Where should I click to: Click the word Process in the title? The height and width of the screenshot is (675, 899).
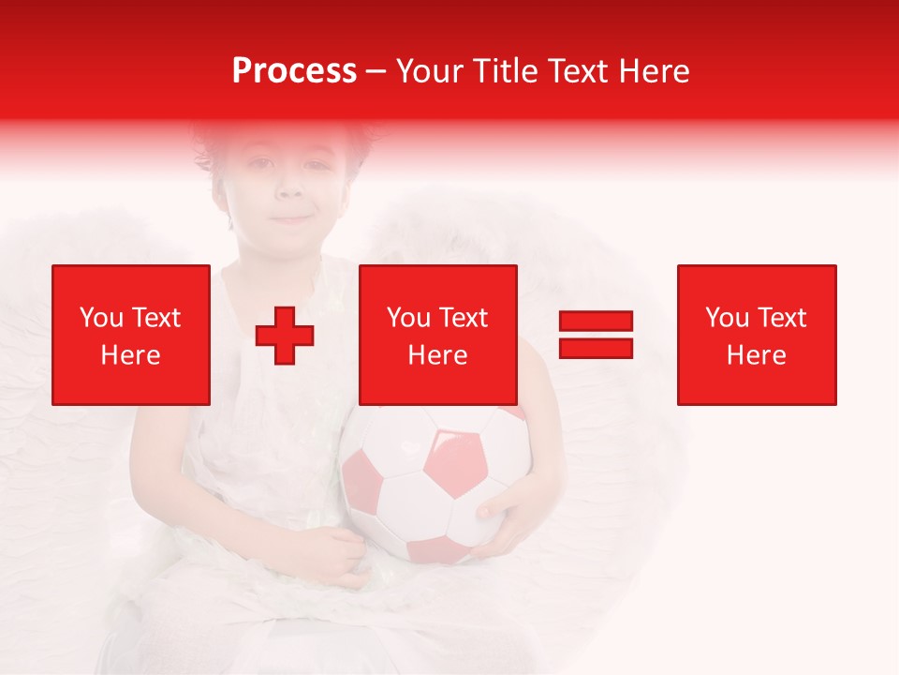pyautogui.click(x=294, y=71)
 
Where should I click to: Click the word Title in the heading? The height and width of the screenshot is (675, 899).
pyautogui.click(x=505, y=71)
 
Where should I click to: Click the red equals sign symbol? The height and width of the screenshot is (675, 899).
pyautogui.click(x=596, y=335)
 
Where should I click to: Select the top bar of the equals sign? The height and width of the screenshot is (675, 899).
pyautogui.click(x=596, y=322)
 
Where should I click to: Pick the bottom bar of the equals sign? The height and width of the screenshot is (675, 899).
pyautogui.click(x=596, y=348)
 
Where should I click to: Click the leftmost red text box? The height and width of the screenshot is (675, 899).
pyautogui.click(x=131, y=335)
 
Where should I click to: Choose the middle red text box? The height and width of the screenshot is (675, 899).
pyautogui.click(x=437, y=335)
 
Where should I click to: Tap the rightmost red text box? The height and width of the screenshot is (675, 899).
pyautogui.click(x=757, y=335)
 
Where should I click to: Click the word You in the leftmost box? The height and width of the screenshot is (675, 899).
pyautogui.click(x=101, y=318)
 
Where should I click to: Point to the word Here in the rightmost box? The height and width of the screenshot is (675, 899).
pyautogui.click(x=757, y=355)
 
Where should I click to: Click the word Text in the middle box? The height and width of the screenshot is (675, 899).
pyautogui.click(x=463, y=318)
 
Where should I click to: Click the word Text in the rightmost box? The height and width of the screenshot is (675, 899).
pyautogui.click(x=781, y=318)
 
